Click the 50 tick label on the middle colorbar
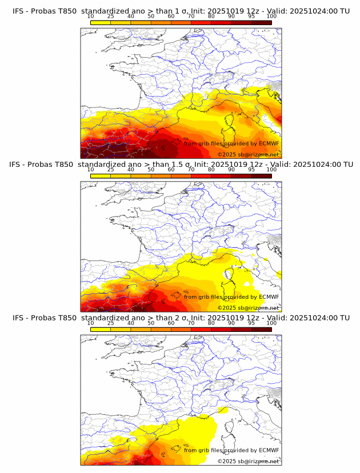(151, 170)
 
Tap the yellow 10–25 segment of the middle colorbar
(101, 176)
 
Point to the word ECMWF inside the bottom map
(269, 451)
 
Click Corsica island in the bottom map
(230, 430)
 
